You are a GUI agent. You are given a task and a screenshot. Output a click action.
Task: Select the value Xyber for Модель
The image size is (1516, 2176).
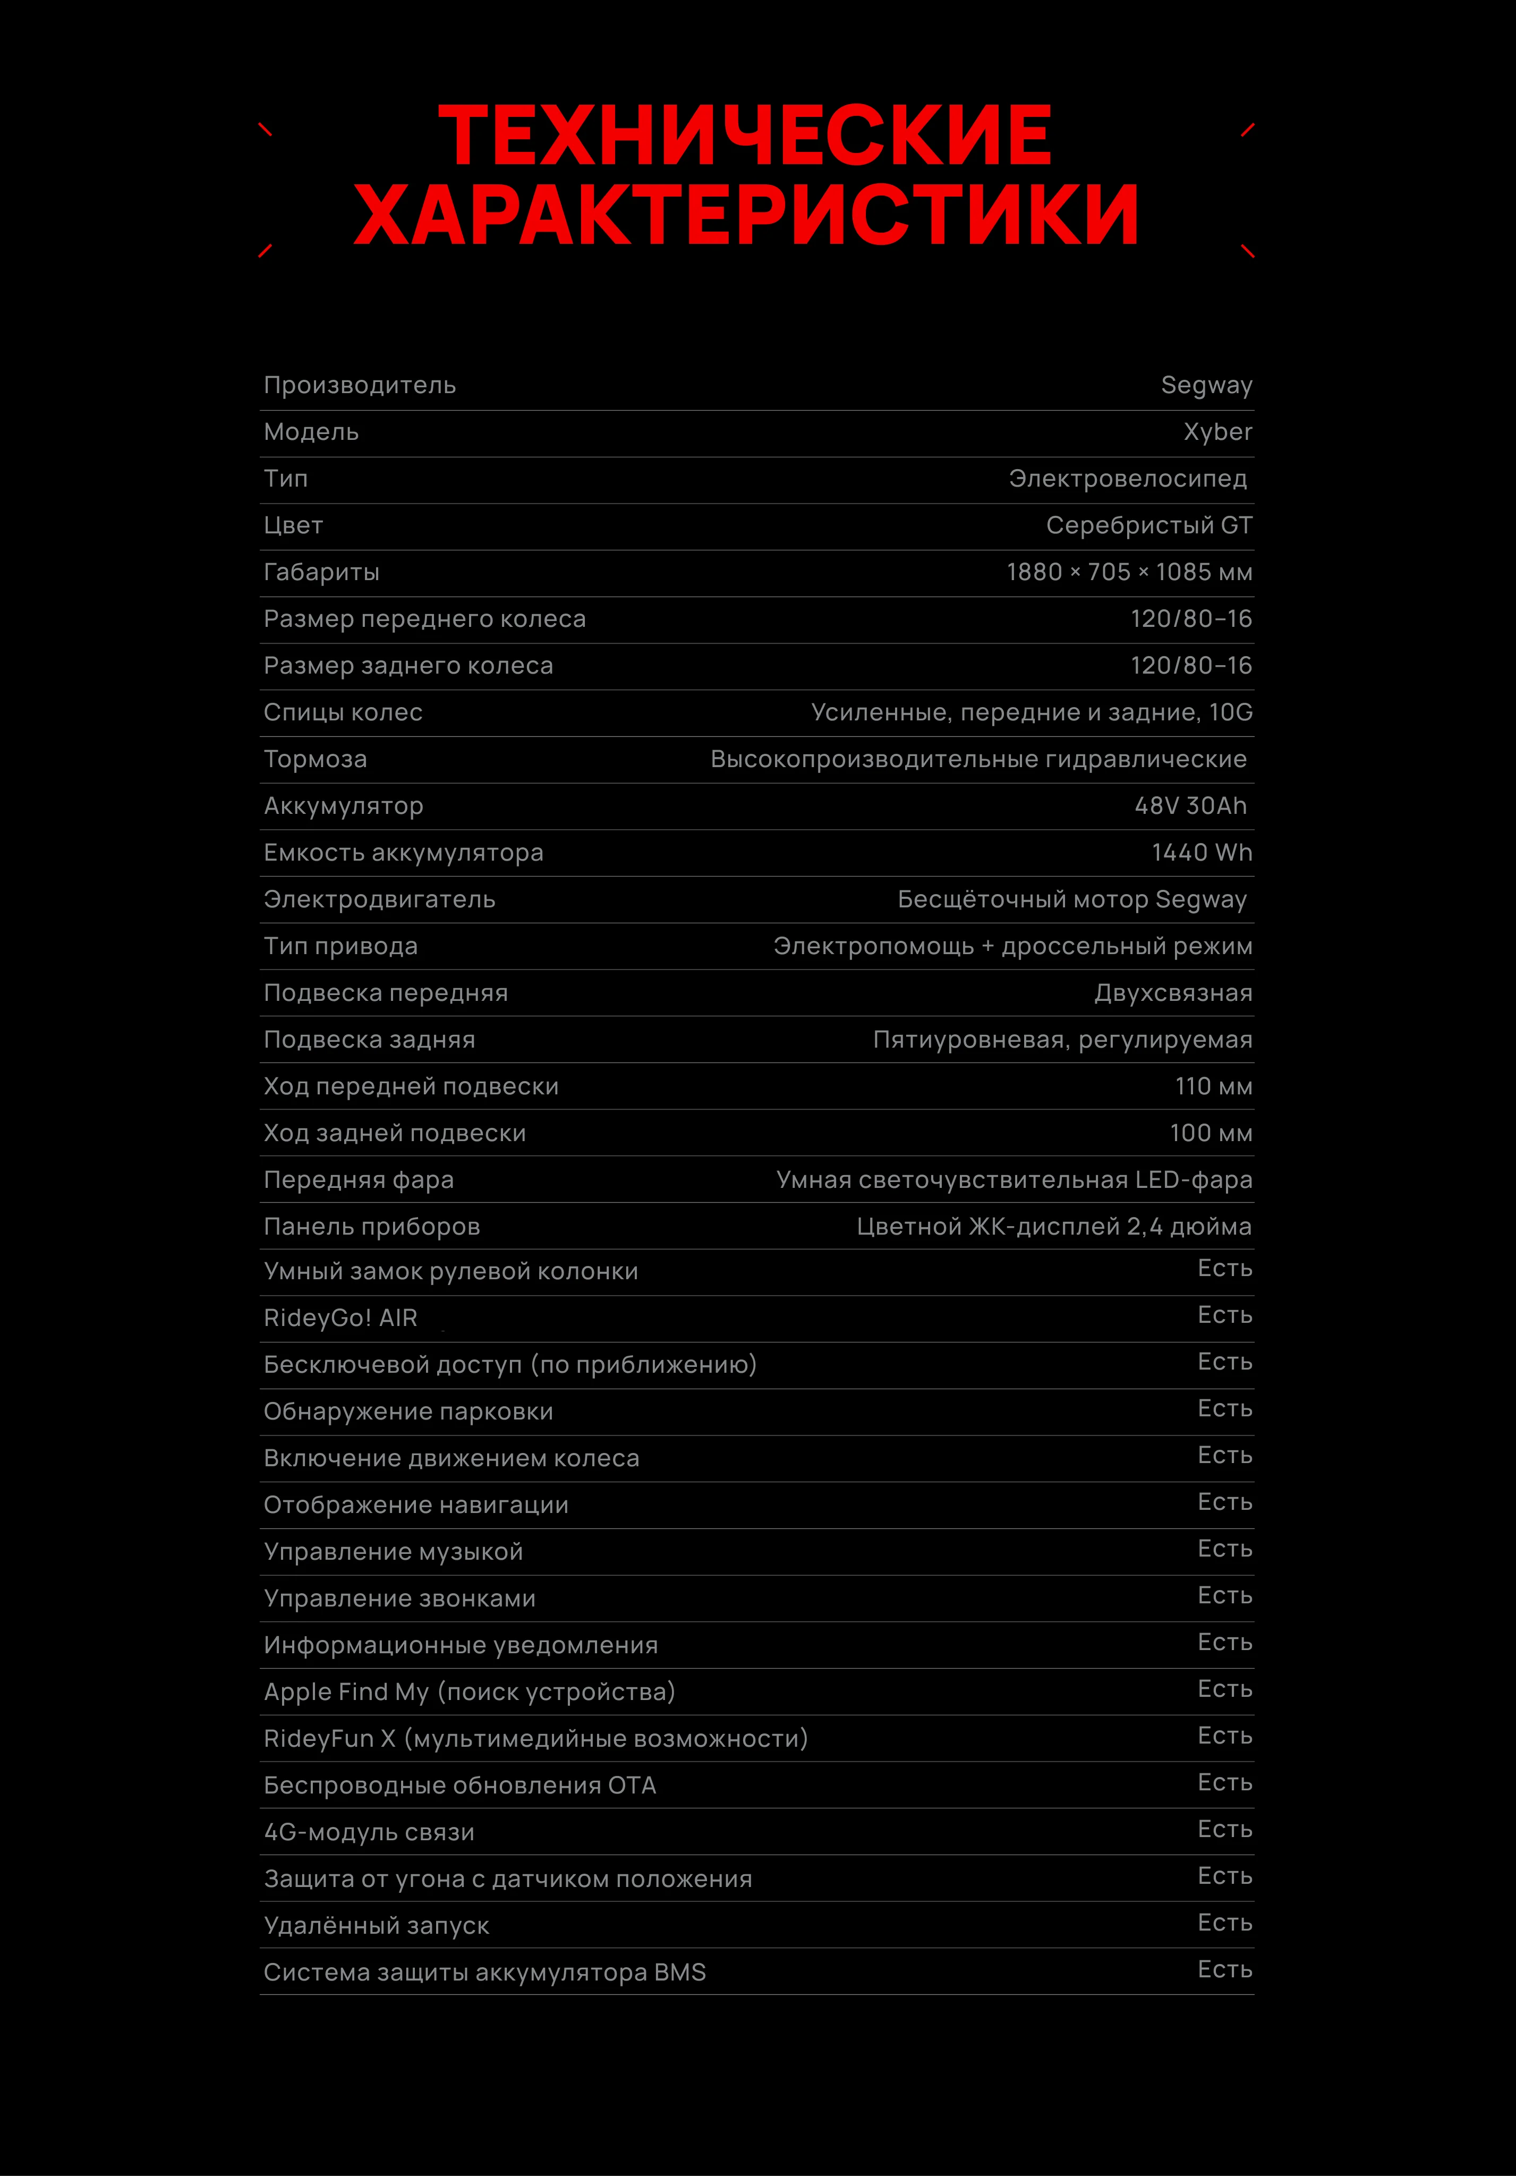point(1217,432)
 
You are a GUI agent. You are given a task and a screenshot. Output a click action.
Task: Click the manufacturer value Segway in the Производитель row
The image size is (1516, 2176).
point(1206,386)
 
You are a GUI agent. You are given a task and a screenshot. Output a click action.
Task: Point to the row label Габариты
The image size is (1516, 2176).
point(321,573)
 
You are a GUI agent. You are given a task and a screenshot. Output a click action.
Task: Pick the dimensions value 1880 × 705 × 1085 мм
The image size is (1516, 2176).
point(1128,573)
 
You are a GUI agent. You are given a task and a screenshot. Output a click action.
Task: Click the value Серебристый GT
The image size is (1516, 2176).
point(1148,526)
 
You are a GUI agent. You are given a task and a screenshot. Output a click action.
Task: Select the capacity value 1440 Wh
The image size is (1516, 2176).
point(1202,853)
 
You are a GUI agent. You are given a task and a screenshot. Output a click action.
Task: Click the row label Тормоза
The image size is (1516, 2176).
point(314,759)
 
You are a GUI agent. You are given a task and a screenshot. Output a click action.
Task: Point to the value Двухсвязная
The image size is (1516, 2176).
point(1173,993)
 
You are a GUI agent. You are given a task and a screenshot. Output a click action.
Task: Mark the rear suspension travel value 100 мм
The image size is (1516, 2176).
point(1210,1134)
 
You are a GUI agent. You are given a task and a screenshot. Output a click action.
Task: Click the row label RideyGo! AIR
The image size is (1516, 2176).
point(340,1319)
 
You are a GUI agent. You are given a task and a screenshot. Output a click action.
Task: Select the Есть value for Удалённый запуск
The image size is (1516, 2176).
point(1224,1923)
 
